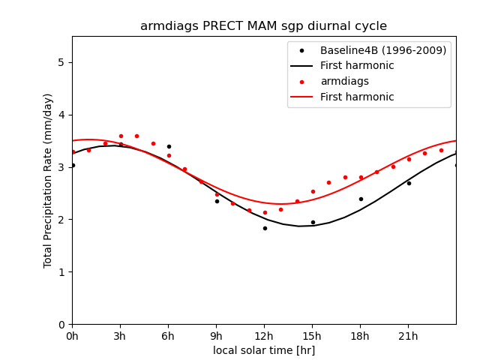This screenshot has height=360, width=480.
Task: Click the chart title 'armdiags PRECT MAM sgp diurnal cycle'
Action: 264,26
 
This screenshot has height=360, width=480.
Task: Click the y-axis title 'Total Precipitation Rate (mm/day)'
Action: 49,180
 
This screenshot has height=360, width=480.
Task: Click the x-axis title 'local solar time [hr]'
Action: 264,350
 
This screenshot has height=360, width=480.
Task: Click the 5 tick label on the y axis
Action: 61,62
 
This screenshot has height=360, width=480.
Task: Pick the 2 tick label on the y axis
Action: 61,220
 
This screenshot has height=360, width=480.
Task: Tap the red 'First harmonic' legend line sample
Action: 301,97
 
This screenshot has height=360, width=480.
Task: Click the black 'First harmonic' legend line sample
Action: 301,66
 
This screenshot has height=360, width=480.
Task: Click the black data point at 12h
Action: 265,228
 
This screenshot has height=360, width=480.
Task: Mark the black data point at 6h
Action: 169,146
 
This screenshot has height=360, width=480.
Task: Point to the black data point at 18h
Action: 361,199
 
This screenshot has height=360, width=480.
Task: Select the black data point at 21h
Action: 409,183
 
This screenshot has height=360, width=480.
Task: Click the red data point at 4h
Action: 136,136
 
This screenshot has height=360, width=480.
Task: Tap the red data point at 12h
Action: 265,212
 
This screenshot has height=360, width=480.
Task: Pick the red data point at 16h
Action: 328,182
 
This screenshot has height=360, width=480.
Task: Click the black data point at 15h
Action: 313,222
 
